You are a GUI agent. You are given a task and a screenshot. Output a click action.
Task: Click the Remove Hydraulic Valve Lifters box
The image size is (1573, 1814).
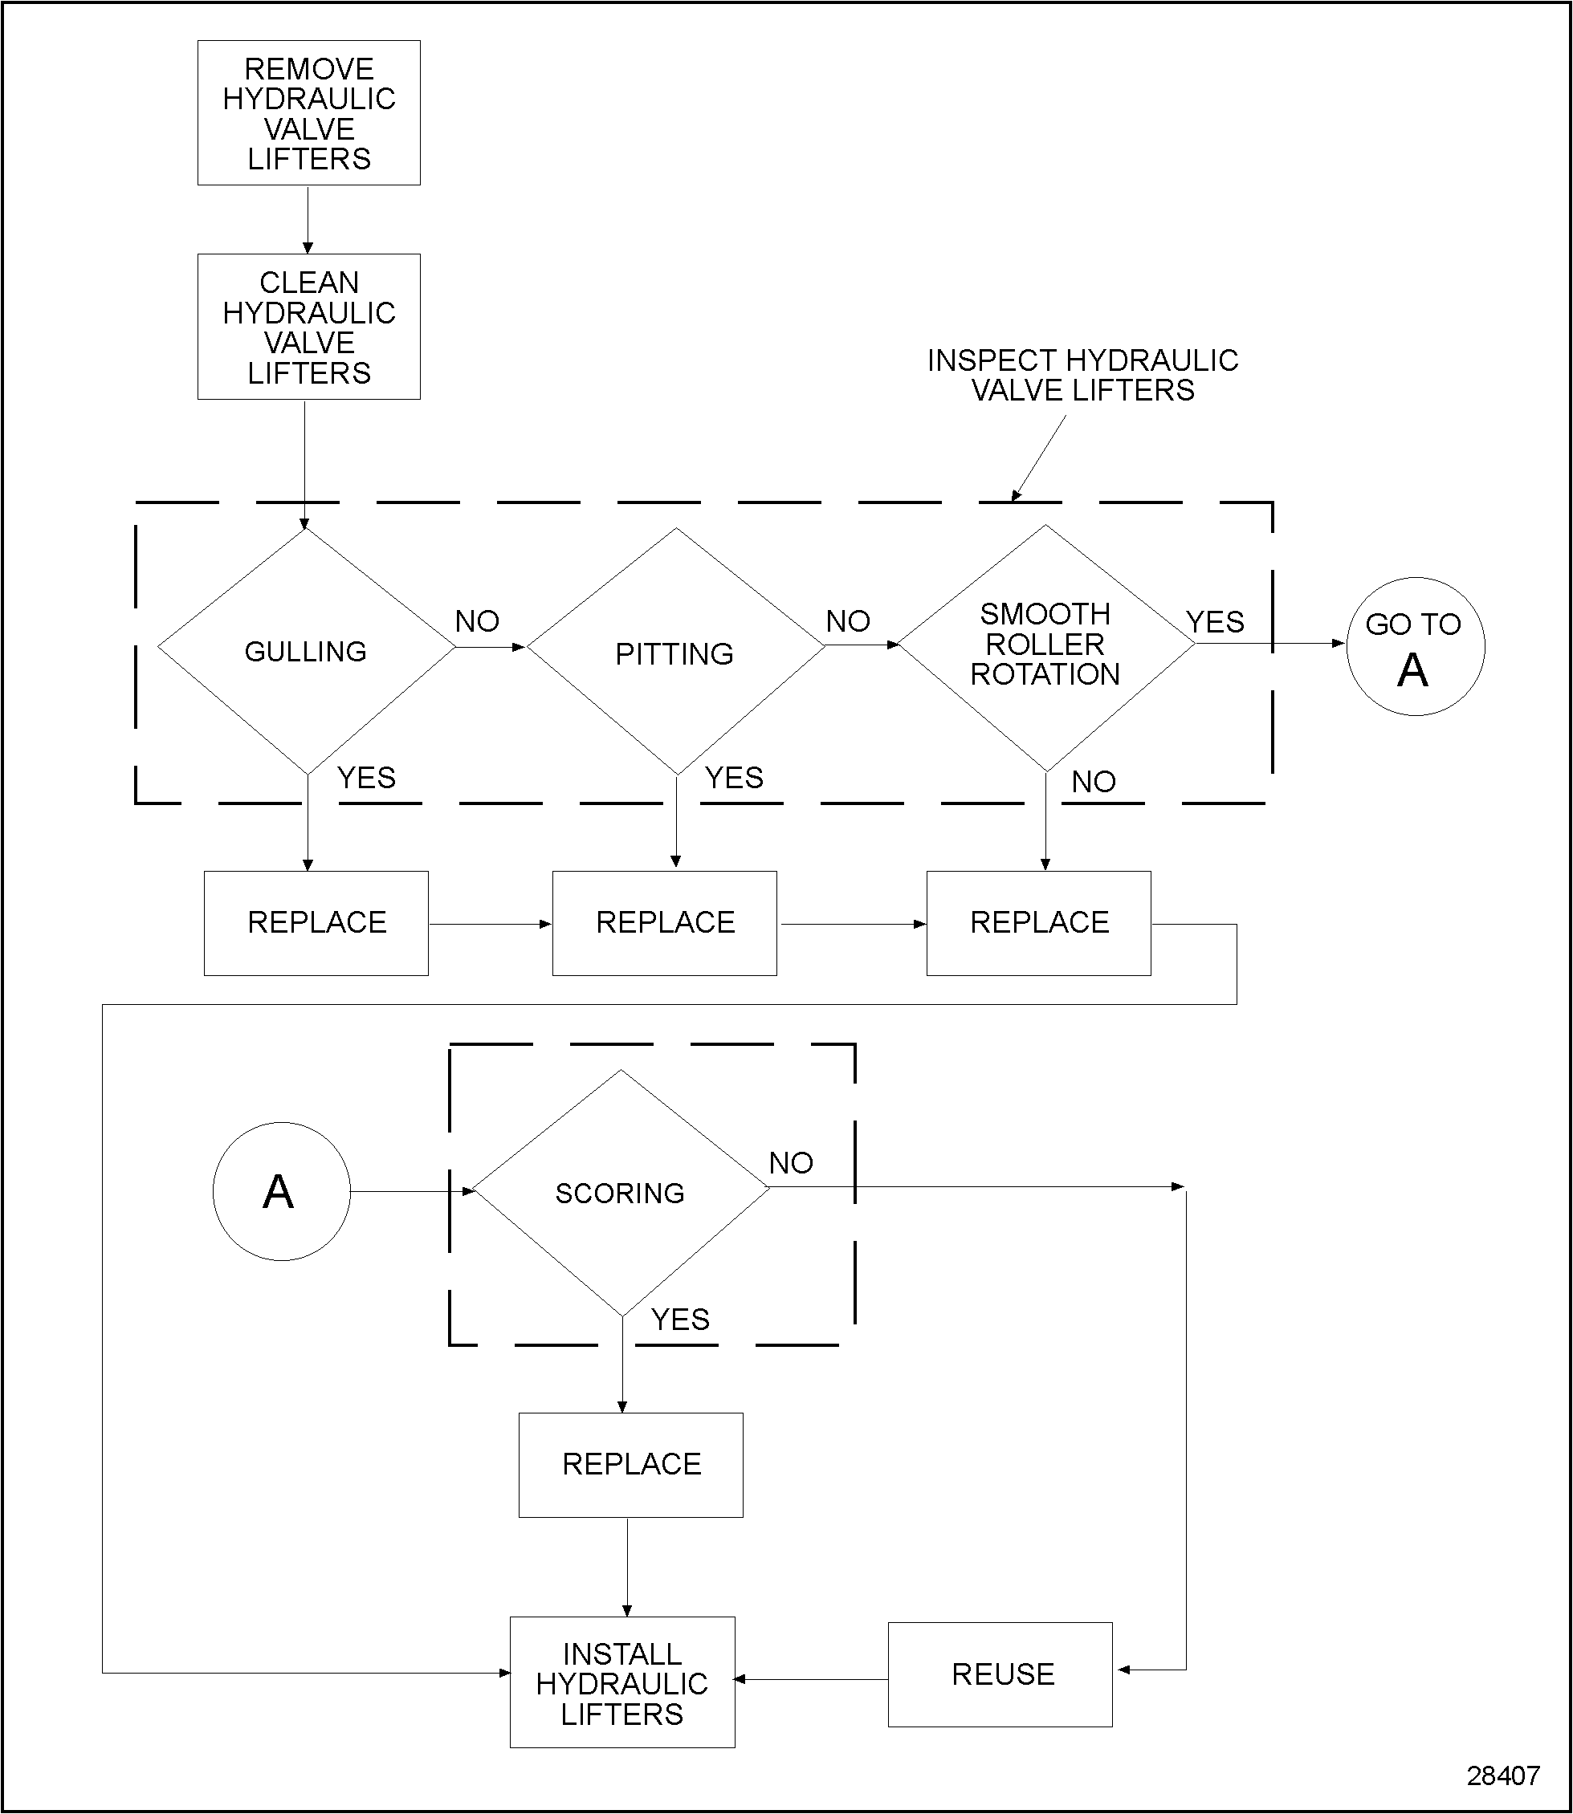pyautogui.click(x=308, y=113)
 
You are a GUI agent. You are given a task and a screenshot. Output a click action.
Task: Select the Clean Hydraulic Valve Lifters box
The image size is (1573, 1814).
pyautogui.click(x=308, y=327)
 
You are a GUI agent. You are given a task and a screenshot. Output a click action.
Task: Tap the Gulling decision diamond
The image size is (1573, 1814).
pyautogui.click(x=305, y=650)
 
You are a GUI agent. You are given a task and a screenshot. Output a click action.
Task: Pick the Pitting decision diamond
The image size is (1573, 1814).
pyautogui.click(x=675, y=652)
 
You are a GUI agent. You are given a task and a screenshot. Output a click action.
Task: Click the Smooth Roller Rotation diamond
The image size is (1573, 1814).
pyautogui.click(x=1045, y=645)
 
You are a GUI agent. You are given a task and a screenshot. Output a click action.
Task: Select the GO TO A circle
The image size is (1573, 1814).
pyautogui.click(x=1414, y=647)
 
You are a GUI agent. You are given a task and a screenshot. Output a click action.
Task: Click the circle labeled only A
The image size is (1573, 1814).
pyautogui.click(x=281, y=1191)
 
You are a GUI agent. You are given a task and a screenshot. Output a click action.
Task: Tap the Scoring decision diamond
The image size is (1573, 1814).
pyautogui.click(x=621, y=1192)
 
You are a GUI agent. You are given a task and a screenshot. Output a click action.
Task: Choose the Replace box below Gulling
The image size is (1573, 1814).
pyautogui.click(x=316, y=922)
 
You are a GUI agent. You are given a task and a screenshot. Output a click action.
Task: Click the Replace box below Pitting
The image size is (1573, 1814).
pyautogui.click(x=665, y=922)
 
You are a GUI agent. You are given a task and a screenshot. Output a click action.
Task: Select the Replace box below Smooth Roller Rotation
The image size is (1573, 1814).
pyautogui.click(x=1038, y=922)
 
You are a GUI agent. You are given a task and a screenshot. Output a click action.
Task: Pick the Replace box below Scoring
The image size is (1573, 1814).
pyautogui.click(x=630, y=1464)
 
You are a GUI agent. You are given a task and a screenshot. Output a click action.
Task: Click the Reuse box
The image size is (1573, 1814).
pyautogui.click(x=1000, y=1674)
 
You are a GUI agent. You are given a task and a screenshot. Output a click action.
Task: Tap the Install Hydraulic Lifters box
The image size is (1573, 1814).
pyautogui.click(x=621, y=1682)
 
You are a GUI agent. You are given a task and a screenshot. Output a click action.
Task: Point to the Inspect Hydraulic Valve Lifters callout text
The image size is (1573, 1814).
pyautogui.click(x=1082, y=375)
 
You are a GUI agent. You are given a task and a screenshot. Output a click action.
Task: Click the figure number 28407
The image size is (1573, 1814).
pyautogui.click(x=1503, y=1775)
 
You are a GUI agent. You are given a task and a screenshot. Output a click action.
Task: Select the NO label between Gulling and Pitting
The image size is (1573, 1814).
pyautogui.click(x=477, y=621)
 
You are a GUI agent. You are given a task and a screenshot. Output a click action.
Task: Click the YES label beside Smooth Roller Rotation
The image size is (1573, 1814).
pyautogui.click(x=1215, y=621)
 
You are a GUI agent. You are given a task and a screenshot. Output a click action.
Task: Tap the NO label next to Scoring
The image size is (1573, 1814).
pyautogui.click(x=791, y=1163)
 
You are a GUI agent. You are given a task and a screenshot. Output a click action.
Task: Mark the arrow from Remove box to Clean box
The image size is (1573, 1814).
pyautogui.click(x=308, y=219)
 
